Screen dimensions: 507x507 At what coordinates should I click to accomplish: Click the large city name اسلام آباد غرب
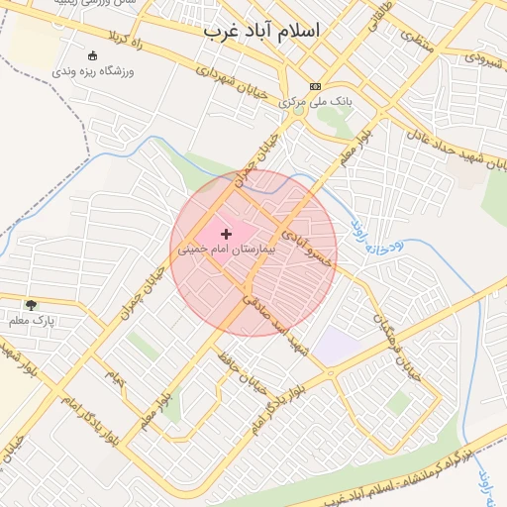262,31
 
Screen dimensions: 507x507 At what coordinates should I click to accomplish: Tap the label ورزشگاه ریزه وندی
92,72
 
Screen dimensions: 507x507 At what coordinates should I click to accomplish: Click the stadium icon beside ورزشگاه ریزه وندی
93,55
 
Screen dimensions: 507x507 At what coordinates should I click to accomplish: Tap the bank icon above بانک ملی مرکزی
316,85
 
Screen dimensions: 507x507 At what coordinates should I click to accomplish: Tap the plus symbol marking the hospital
227,234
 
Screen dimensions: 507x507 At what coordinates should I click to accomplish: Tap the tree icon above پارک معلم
32,304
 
